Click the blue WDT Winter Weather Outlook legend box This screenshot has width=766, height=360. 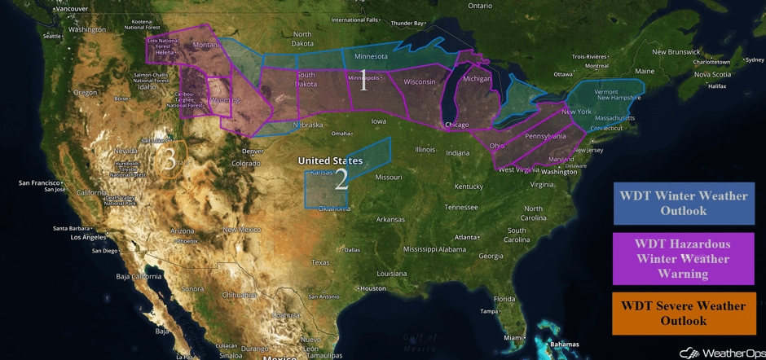pyautogui.click(x=683, y=204)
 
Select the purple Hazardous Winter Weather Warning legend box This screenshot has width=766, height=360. pyautogui.click(x=683, y=258)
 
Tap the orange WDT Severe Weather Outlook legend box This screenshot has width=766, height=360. pyautogui.click(x=683, y=314)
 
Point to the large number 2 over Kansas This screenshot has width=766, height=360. pyautogui.click(x=341, y=179)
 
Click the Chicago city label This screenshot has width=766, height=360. pyautogui.click(x=457, y=125)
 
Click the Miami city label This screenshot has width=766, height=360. pyautogui.click(x=513, y=338)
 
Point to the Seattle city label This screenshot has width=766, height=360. pyautogui.click(x=53, y=36)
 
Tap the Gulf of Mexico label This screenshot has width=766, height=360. pyautogui.click(x=420, y=342)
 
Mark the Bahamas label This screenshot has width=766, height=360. pyautogui.click(x=563, y=344)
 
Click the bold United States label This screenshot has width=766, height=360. pyautogui.click(x=330, y=161)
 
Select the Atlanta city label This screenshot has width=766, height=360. pyautogui.click(x=467, y=237)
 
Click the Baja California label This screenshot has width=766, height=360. pyautogui.click(x=141, y=276)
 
